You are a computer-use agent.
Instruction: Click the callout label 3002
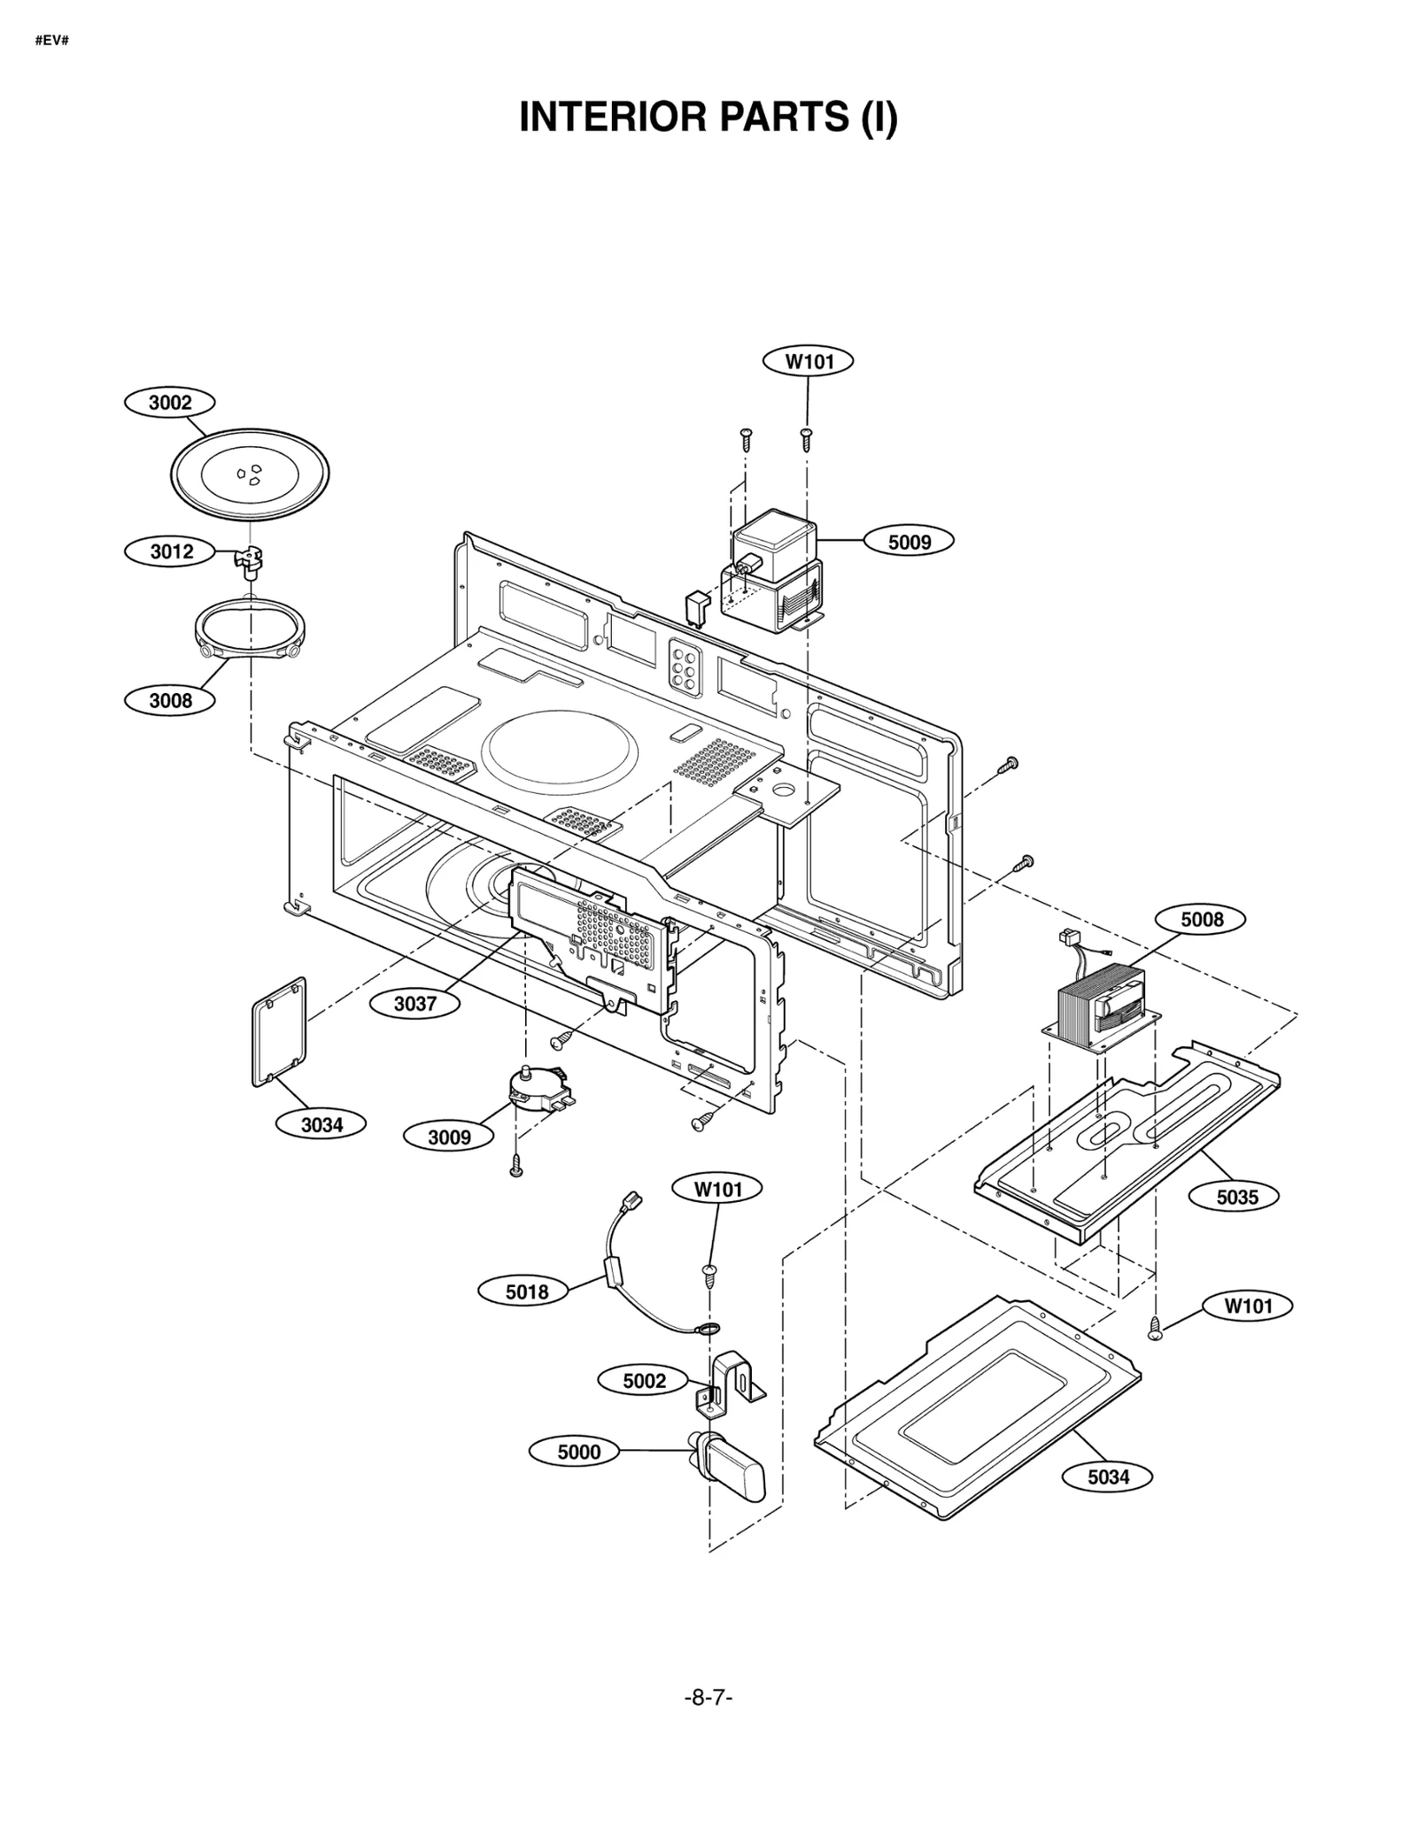(170, 403)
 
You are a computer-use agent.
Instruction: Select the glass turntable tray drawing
(249, 475)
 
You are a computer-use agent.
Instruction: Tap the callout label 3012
(171, 551)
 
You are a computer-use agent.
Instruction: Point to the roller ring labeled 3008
(251, 629)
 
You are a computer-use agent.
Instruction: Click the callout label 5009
(909, 541)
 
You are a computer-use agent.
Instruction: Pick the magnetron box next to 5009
(775, 571)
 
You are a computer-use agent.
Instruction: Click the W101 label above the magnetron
(809, 361)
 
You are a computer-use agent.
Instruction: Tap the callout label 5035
(1236, 1197)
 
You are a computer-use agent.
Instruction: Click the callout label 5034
(1108, 1476)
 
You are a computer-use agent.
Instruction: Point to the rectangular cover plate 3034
(279, 1031)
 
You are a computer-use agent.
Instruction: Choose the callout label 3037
(415, 1003)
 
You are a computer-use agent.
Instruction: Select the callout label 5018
(527, 1291)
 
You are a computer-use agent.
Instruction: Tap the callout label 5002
(644, 1380)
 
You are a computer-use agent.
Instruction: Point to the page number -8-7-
(708, 1697)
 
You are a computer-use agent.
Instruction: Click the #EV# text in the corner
(51, 41)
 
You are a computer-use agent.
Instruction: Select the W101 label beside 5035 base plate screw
(1248, 1306)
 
